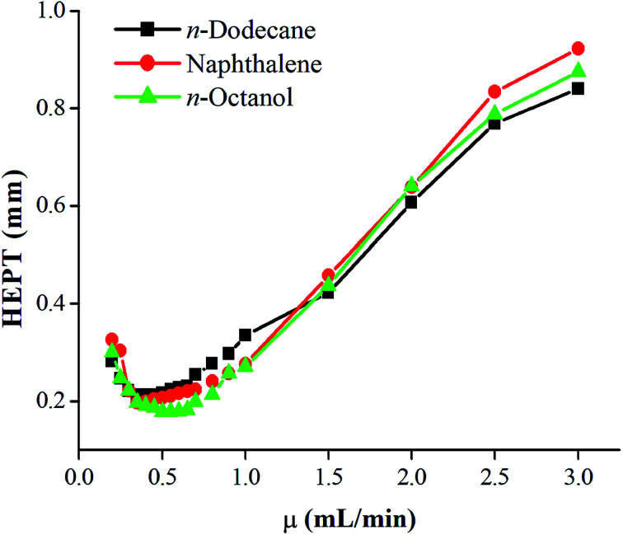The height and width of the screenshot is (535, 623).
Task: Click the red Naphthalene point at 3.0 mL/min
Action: click(x=578, y=49)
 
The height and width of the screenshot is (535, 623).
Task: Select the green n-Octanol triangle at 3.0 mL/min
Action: click(x=578, y=71)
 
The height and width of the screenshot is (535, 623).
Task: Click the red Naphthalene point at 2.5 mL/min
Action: click(x=494, y=92)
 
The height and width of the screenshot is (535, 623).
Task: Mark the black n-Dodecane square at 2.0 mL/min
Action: click(x=411, y=202)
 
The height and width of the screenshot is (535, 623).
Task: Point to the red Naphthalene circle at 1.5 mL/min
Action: click(x=328, y=275)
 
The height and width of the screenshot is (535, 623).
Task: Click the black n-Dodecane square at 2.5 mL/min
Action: click(x=494, y=124)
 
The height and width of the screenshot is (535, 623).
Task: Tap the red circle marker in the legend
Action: click(x=147, y=63)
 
